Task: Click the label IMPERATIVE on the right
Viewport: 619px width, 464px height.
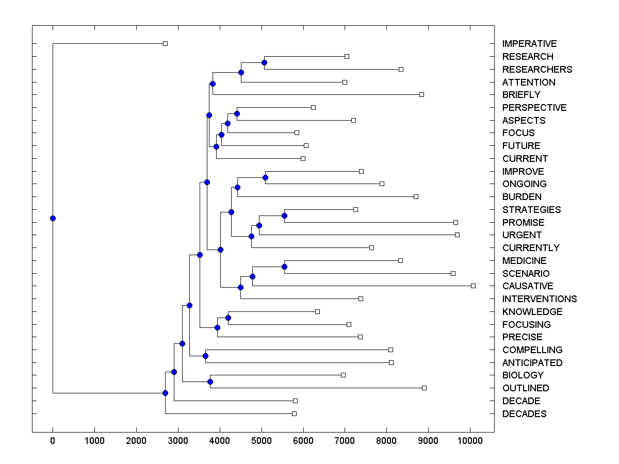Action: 529,44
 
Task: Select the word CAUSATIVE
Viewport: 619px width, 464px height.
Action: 528,286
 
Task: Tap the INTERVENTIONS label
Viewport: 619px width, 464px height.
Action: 540,299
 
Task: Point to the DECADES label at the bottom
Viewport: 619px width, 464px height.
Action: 524,414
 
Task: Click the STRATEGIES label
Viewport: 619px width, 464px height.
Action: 531,210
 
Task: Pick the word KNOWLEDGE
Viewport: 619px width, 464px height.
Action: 532,312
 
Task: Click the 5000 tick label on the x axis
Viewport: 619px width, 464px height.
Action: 262,441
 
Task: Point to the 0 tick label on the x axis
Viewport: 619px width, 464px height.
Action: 53,441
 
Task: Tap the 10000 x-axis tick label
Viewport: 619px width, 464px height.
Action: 470,441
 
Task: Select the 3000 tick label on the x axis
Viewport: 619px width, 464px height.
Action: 178,441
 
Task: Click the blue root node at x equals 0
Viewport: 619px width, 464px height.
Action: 53,218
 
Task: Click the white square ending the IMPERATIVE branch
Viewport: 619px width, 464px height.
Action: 165,43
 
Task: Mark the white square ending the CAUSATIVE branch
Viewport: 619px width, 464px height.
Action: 473,286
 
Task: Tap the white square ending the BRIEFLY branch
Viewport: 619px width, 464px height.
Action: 421,94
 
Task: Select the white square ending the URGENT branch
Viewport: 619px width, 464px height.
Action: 457,235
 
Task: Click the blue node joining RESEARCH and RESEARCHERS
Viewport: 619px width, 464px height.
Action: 264,62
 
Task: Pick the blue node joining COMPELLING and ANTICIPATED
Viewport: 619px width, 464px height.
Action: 205,356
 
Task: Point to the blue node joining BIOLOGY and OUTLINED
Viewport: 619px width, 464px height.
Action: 210,382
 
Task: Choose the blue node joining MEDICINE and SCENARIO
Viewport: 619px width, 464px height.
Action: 284,267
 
